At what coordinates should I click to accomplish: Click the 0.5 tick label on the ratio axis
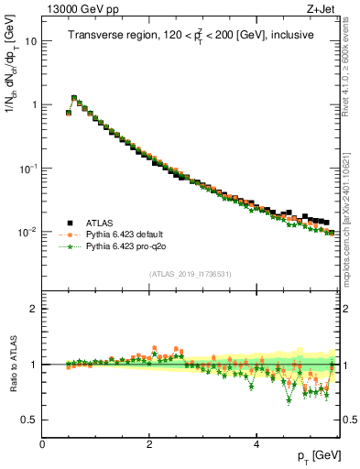[30, 420]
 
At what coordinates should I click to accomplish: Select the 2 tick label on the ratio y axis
[35, 309]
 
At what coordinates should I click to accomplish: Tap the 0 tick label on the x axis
[42, 444]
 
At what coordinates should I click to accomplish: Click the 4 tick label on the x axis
[256, 444]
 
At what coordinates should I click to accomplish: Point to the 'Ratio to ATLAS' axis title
[12, 365]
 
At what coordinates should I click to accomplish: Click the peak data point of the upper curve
[74, 97]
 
